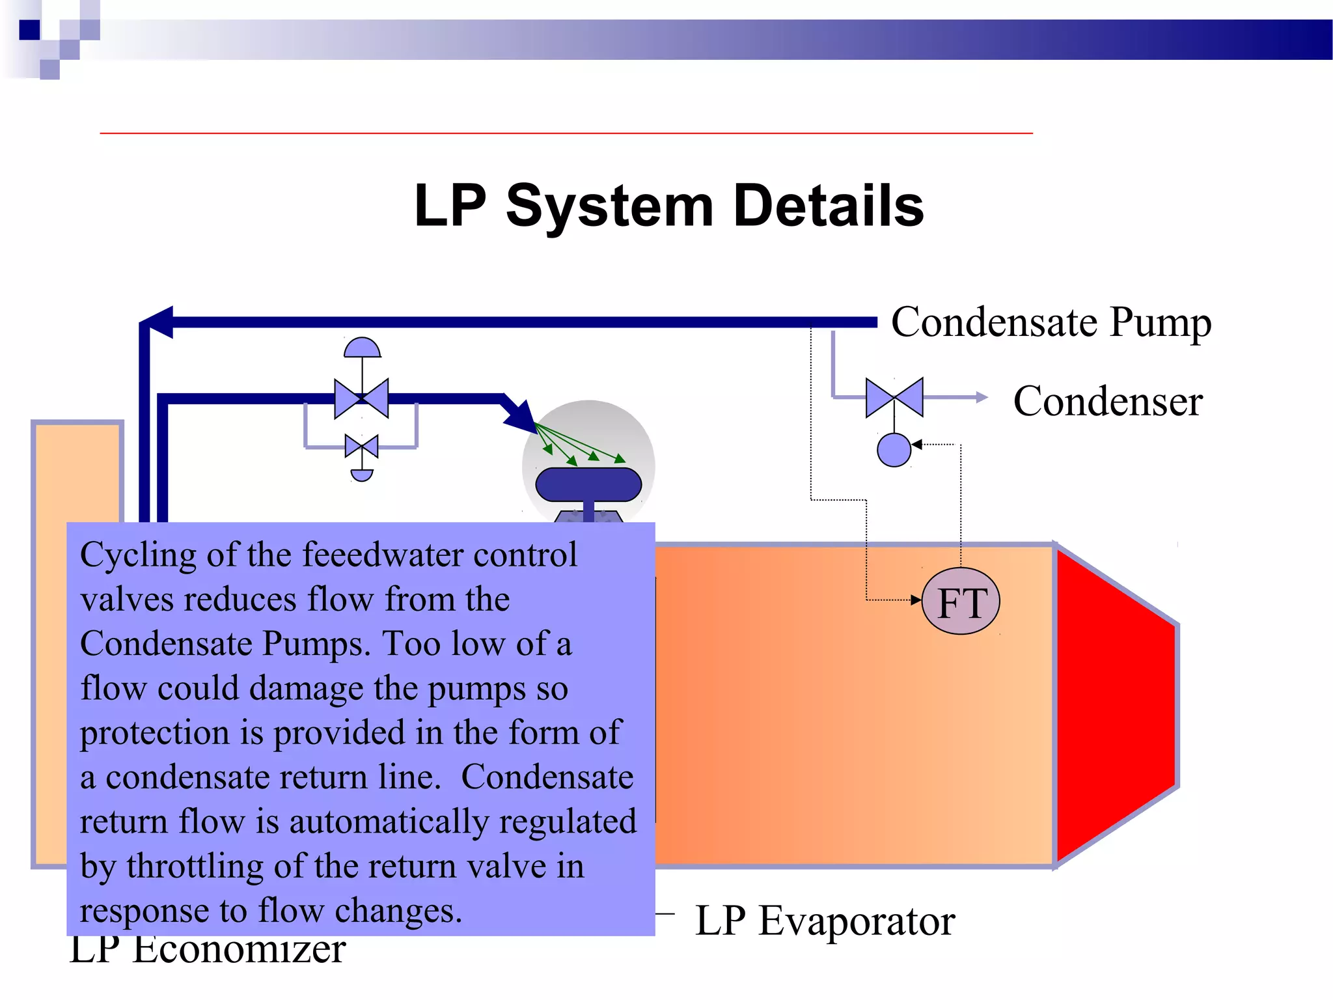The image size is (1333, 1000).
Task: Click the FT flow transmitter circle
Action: [x=961, y=602]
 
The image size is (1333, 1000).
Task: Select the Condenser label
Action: [x=1108, y=401]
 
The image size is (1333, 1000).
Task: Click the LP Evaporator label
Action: [x=825, y=921]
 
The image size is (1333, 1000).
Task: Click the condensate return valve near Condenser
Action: [x=894, y=397]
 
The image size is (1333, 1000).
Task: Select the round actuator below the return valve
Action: [x=894, y=450]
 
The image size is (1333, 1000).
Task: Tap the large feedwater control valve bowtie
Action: [x=361, y=398]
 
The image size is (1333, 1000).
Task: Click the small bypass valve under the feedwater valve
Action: [x=361, y=447]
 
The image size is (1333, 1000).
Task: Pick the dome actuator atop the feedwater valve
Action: [x=362, y=348]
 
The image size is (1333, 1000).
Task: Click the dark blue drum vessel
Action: [x=588, y=484]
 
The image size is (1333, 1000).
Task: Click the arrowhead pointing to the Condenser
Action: [x=982, y=397]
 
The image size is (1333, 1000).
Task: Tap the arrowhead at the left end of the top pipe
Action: [x=158, y=322]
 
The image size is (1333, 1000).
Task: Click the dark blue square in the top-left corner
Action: [x=30, y=30]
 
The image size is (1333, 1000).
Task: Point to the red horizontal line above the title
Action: [x=566, y=133]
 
